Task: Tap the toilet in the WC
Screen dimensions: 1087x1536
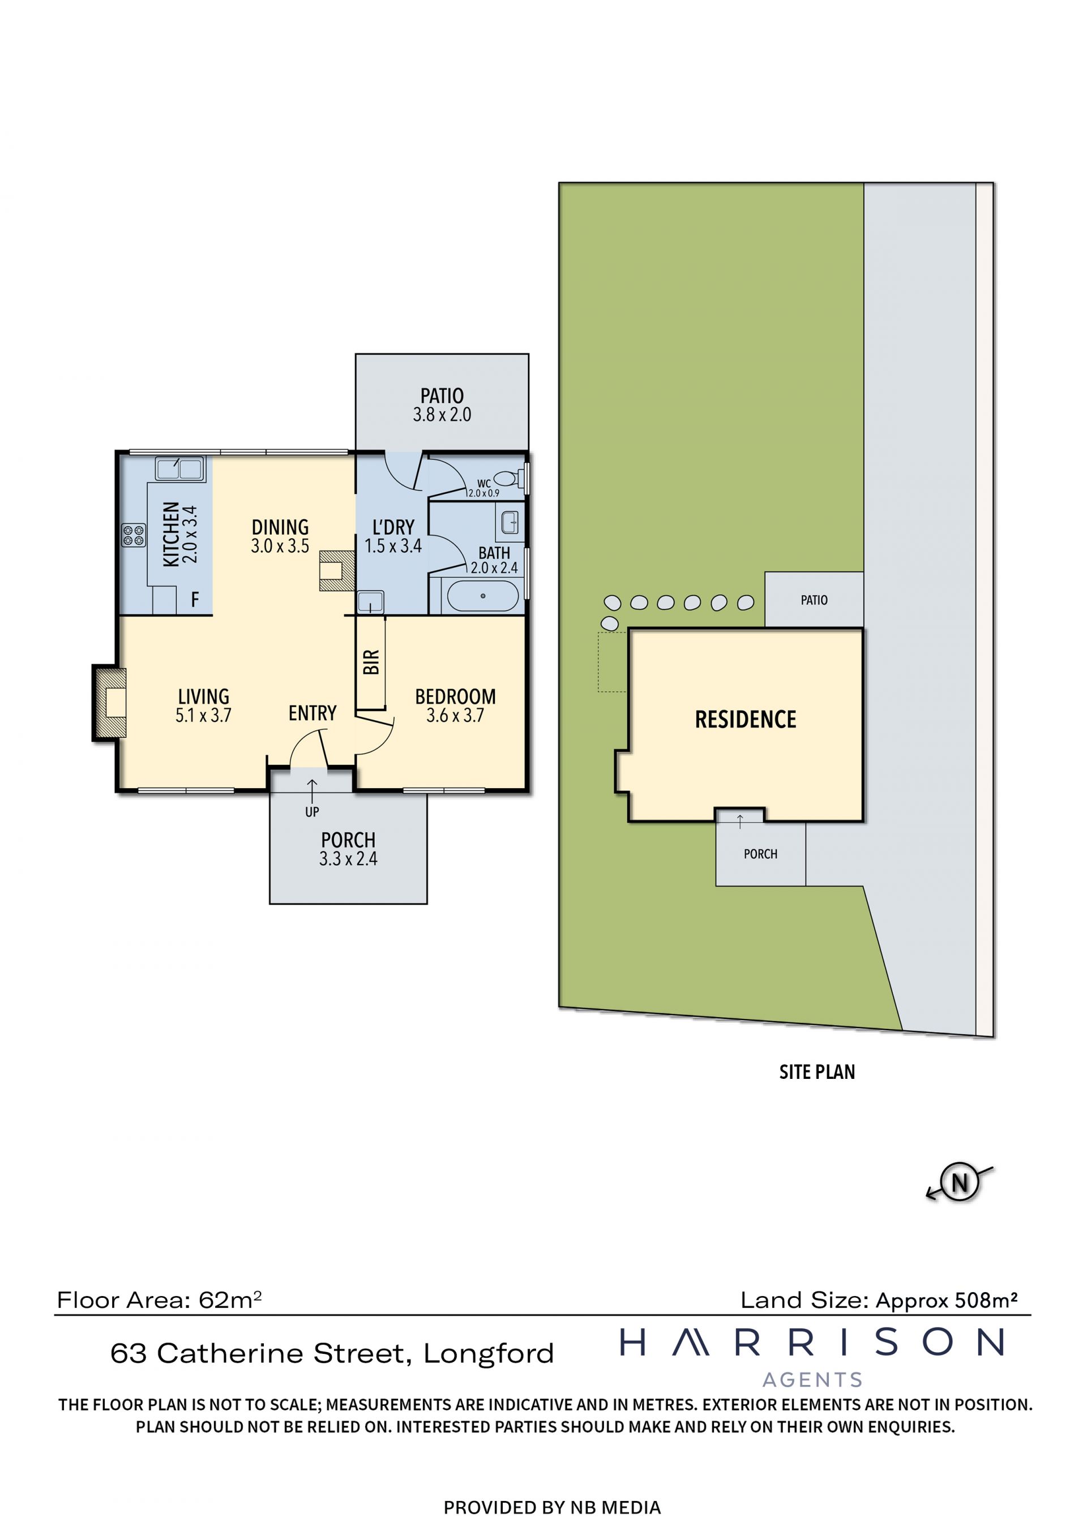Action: pyautogui.click(x=507, y=478)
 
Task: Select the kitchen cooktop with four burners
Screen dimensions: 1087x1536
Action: pyautogui.click(x=133, y=535)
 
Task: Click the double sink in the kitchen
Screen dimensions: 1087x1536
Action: pyautogui.click(x=179, y=468)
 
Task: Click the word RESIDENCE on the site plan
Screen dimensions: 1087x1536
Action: pyautogui.click(x=746, y=720)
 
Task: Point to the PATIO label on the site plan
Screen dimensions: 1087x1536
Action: pyautogui.click(x=814, y=600)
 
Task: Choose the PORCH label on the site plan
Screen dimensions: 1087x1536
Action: pyautogui.click(x=760, y=854)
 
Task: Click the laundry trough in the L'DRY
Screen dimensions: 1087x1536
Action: pyautogui.click(x=370, y=602)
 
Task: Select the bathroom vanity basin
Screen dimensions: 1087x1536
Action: pyautogui.click(x=510, y=523)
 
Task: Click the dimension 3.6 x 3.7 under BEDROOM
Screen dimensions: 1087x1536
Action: pyautogui.click(x=455, y=716)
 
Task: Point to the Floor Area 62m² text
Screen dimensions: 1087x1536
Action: pyautogui.click(x=159, y=1300)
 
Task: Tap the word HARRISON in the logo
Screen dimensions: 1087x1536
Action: pyautogui.click(x=812, y=1343)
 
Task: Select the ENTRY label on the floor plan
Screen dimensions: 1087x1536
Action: pyautogui.click(x=312, y=713)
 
